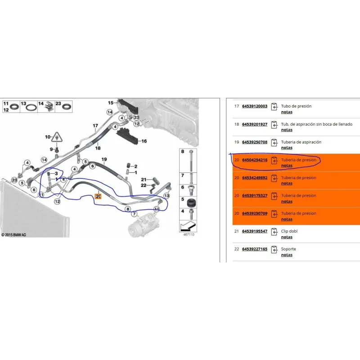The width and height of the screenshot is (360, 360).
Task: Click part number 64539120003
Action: pyautogui.click(x=255, y=106)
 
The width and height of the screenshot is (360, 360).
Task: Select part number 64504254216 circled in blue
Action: pyautogui.click(x=255, y=160)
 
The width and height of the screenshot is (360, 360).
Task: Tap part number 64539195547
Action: pyautogui.click(x=255, y=231)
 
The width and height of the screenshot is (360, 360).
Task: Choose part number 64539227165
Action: pyautogui.click(x=255, y=249)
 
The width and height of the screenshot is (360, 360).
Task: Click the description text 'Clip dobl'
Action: pyautogui.click(x=289, y=231)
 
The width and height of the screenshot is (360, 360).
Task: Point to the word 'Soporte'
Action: pyautogui.click(x=288, y=249)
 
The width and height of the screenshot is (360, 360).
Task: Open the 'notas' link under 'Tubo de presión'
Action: pyautogui.click(x=287, y=112)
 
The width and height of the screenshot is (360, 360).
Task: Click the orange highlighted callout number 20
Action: pyautogui.click(x=98, y=196)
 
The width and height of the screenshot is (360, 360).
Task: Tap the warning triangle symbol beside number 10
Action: pyautogui.click(x=57, y=137)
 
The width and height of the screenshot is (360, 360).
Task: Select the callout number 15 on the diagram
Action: pyautogui.click(x=111, y=103)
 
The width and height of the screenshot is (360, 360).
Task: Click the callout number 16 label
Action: pyautogui.click(x=144, y=141)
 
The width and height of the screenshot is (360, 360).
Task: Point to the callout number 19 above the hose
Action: pyautogui.click(x=104, y=159)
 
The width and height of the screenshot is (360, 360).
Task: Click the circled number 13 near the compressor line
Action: pyautogui.click(x=166, y=196)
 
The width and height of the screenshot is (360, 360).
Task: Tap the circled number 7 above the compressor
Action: pyautogui.click(x=134, y=214)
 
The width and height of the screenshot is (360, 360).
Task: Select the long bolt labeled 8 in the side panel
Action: pyautogui.click(x=191, y=161)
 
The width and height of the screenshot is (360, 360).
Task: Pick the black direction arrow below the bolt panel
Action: pyautogui.click(x=188, y=226)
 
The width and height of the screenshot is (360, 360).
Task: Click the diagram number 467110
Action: pyautogui.click(x=189, y=234)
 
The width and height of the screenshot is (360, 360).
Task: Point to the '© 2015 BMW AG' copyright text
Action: pyautogui.click(x=14, y=235)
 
